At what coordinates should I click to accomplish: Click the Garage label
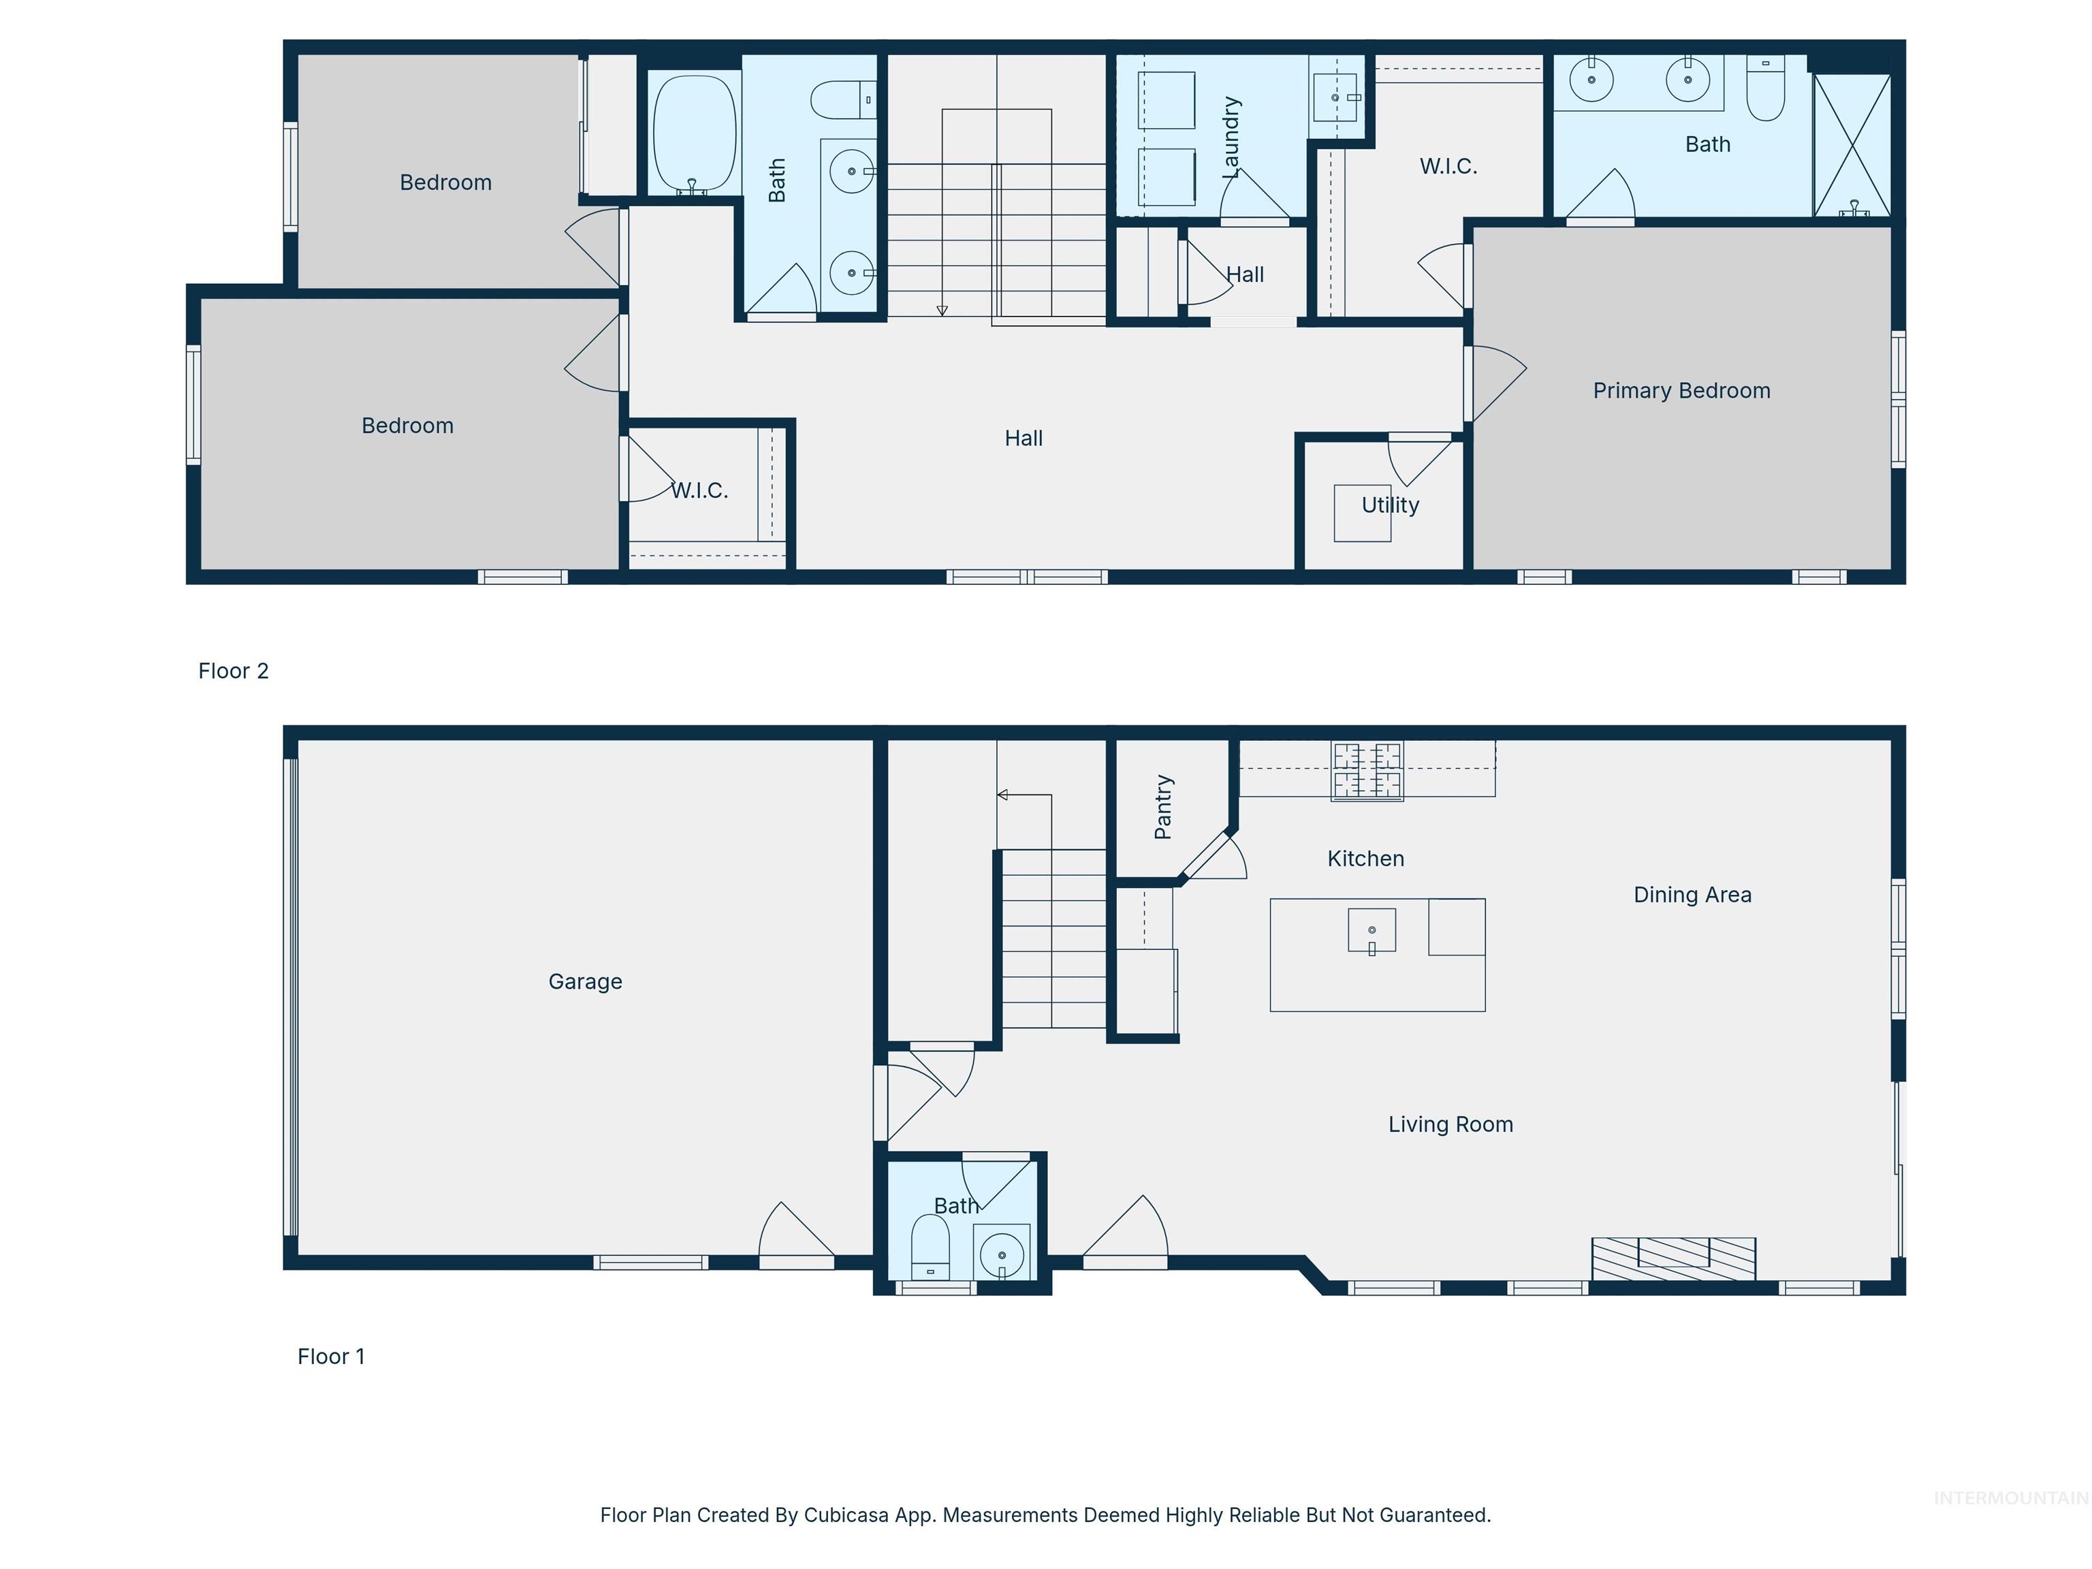[586, 982]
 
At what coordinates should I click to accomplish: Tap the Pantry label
[1163, 807]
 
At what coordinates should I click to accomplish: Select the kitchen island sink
[1372, 932]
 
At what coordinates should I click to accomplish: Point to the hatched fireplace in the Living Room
[1673, 1258]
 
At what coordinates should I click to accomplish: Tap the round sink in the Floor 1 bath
[1002, 1255]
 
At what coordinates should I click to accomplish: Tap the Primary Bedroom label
[1681, 391]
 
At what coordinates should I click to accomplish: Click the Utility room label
[1389, 505]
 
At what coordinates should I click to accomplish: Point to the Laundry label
[1231, 137]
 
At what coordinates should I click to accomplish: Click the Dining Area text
[1692, 895]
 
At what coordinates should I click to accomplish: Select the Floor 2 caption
[234, 671]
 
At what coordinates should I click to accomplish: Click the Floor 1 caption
[331, 1357]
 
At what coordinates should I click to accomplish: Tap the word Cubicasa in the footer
[841, 1514]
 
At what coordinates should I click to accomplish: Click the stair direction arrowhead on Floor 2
[942, 311]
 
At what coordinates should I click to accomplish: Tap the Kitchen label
[1365, 859]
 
